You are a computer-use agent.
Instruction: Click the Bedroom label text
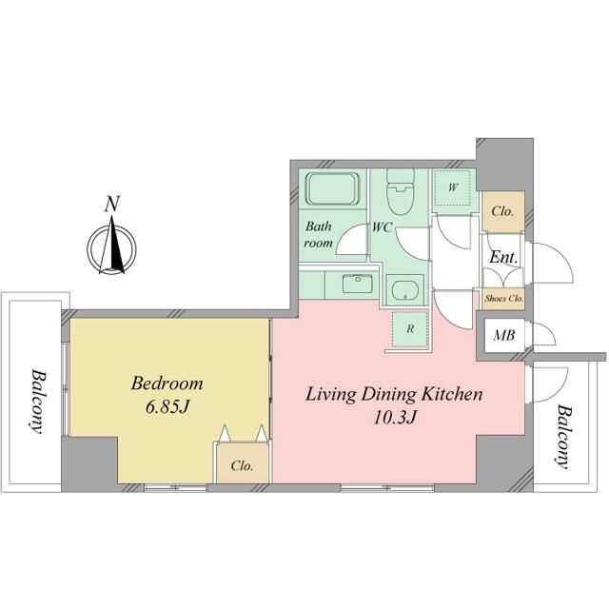167,383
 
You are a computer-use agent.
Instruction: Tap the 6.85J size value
167,406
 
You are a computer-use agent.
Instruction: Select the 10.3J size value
395,418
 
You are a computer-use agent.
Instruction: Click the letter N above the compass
112,205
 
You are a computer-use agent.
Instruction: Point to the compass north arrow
112,244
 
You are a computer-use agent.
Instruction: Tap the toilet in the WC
401,192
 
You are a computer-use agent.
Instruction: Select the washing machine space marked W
452,188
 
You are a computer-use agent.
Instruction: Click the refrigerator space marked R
410,328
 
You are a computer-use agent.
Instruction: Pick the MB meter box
504,335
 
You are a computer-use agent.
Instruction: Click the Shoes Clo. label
503,299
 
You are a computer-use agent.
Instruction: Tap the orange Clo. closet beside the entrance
503,211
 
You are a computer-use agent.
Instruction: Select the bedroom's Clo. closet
243,463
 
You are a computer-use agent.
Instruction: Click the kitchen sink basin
358,284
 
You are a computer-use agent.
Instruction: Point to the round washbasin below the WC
404,290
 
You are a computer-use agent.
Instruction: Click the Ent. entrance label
503,257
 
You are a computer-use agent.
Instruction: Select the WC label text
382,227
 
